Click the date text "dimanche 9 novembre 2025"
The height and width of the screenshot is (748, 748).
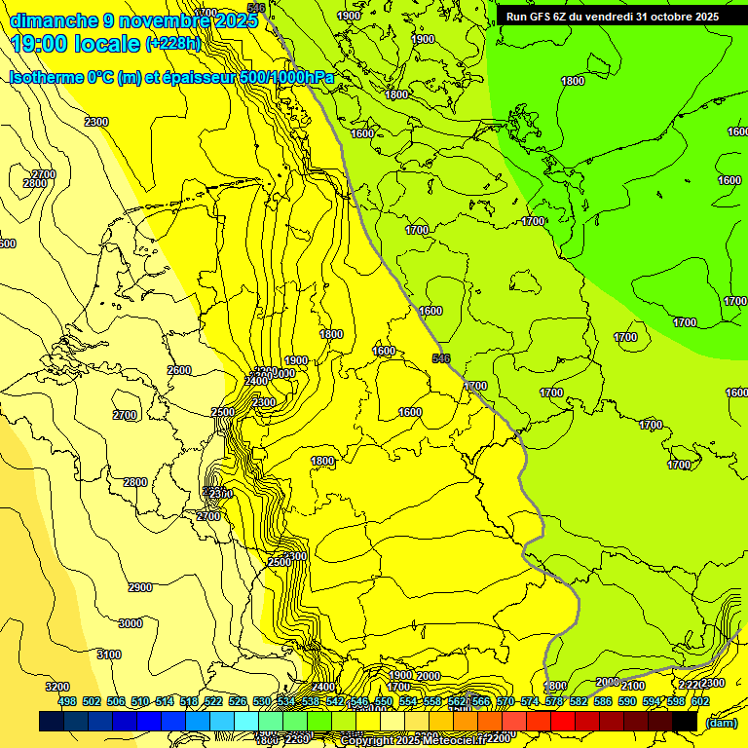coord(127,20)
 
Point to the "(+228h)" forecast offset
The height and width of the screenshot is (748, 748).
coord(173,44)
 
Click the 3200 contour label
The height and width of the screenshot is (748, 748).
coord(57,687)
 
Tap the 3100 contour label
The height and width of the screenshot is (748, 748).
coord(109,654)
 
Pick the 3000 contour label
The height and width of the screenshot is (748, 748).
coord(130,623)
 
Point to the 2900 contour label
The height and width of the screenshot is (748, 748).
coord(140,587)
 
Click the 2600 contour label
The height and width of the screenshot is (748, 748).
coord(179,370)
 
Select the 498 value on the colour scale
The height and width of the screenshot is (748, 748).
coord(67,701)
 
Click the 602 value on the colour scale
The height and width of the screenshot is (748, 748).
coord(700,701)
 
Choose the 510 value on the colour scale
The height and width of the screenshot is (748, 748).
coord(140,701)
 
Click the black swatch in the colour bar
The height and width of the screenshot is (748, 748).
coord(685,722)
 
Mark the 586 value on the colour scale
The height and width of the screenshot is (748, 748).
coord(603,701)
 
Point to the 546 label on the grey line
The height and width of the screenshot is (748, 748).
coord(441,358)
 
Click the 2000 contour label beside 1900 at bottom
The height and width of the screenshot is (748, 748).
coord(429,676)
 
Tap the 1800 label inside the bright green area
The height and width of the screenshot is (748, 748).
coord(573,81)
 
